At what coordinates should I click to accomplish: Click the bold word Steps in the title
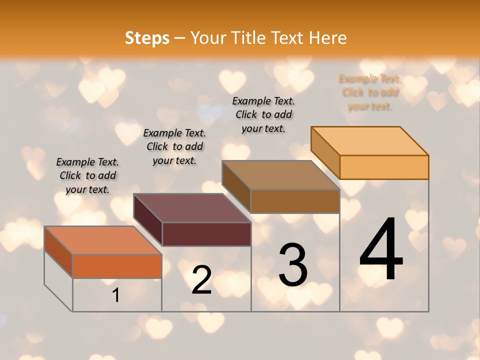(147, 38)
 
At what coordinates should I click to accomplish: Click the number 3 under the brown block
(292, 265)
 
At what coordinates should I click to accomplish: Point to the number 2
(201, 280)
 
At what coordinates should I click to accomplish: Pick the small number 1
(115, 295)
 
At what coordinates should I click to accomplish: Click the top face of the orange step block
(103, 240)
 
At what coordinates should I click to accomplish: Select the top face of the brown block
(281, 175)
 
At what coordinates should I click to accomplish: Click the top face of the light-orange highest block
(370, 141)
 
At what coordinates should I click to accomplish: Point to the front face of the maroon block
(206, 234)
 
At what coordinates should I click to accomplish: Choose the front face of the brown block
(295, 201)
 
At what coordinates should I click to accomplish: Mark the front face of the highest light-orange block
(384, 167)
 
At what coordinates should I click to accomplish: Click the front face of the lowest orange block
(117, 266)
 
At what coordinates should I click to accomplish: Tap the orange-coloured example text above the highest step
(370, 92)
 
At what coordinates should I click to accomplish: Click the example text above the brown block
(263, 114)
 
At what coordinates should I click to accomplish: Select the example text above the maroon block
(174, 146)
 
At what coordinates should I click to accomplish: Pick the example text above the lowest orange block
(87, 175)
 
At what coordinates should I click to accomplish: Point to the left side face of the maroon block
(148, 220)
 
